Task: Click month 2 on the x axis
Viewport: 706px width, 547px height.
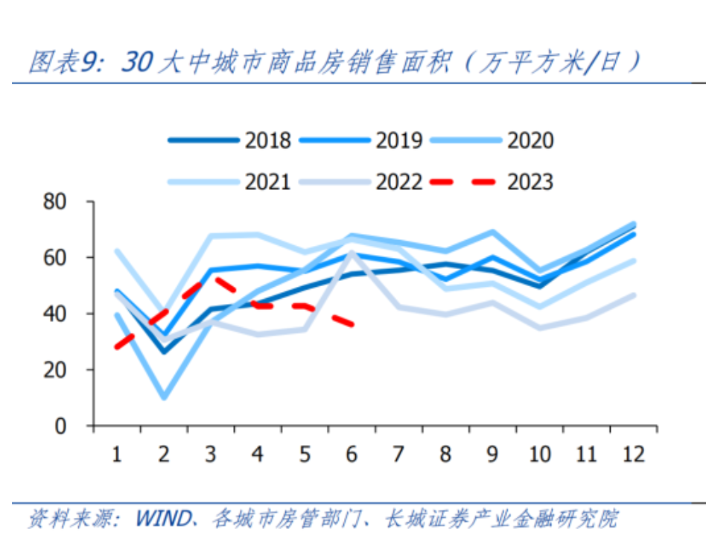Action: (164, 454)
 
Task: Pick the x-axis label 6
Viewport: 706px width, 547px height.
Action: (352, 454)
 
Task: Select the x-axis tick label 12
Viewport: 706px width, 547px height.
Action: (633, 454)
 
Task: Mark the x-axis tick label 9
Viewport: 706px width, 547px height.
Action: (492, 454)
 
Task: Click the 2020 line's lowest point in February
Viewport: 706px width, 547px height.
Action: (164, 396)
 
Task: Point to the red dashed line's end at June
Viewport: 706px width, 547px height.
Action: (353, 324)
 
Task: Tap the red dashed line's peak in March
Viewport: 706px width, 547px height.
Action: (212, 279)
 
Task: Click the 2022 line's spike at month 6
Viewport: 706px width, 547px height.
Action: (352, 252)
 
